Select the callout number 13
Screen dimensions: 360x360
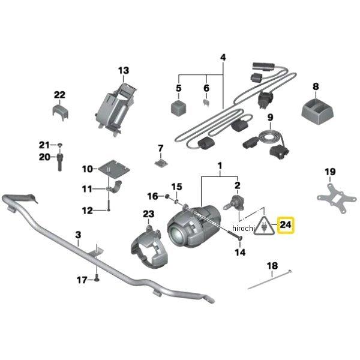click(x=123, y=71)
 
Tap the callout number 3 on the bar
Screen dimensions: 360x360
click(x=77, y=235)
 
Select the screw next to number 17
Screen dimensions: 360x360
click(x=95, y=279)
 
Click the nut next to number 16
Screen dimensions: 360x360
click(x=166, y=196)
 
